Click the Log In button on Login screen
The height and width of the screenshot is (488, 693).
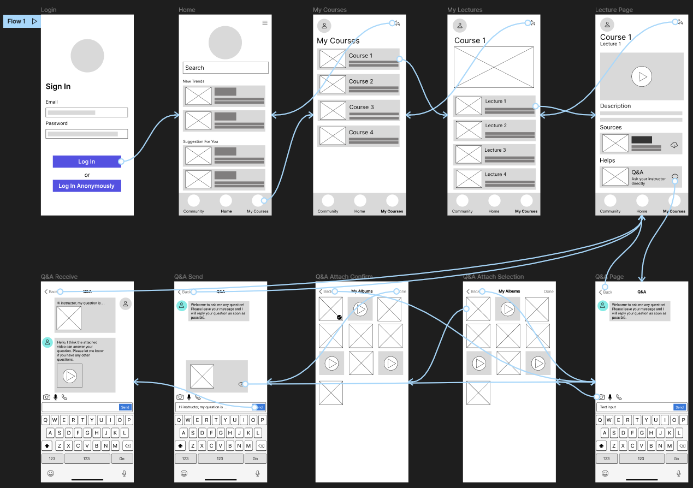point(86,162)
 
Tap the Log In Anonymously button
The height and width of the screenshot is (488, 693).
point(86,186)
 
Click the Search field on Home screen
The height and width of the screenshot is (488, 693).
point(225,68)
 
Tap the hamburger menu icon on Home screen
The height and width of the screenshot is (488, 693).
point(265,23)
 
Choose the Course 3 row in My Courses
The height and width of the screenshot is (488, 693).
point(359,110)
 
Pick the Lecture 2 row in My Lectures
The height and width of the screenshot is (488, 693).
point(494,130)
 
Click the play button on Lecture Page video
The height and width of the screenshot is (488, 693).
point(642,76)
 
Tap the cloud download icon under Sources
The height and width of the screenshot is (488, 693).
point(674,145)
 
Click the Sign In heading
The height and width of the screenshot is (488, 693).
point(58,86)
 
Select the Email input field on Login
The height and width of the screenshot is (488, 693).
point(86,112)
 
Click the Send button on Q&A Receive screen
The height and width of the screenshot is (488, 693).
point(125,407)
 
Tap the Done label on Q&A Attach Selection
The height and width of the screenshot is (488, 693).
point(548,291)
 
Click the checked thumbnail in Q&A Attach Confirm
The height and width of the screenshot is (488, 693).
point(331,309)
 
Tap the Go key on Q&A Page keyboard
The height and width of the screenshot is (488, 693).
point(676,459)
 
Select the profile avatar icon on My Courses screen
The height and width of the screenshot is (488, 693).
point(324,25)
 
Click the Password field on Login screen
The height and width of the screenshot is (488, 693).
point(86,134)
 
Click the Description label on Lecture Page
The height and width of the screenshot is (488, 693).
point(615,106)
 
